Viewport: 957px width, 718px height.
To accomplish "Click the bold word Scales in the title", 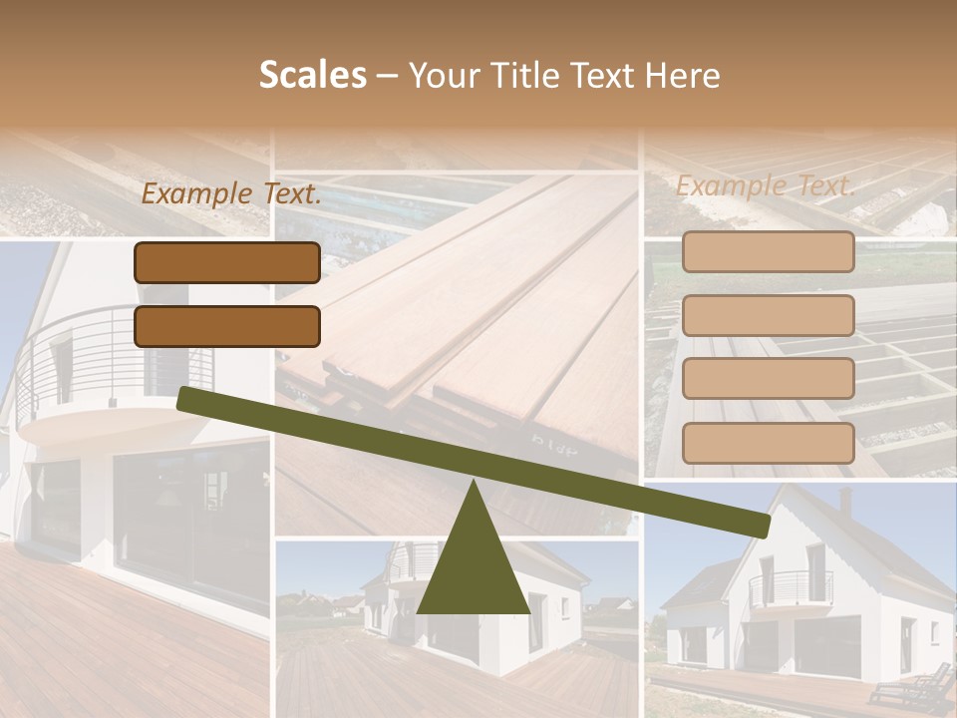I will click(x=312, y=76).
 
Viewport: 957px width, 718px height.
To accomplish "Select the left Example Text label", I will click(x=231, y=194).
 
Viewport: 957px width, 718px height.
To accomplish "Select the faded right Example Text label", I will click(x=766, y=185).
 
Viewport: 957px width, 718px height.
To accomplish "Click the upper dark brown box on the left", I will click(x=227, y=262).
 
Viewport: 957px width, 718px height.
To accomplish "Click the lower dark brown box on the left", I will click(x=227, y=326).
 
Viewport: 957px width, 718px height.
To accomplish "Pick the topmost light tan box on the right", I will click(x=768, y=252).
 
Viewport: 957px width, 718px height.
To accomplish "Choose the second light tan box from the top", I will click(x=768, y=315).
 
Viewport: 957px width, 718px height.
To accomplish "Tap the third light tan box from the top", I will click(x=768, y=378).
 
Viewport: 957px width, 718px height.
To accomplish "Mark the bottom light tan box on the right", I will click(x=768, y=443).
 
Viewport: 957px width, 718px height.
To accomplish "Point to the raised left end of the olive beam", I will click(x=185, y=398).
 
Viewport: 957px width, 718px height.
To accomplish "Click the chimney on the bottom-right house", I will click(x=845, y=499).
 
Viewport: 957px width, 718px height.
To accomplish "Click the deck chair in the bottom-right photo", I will click(x=912, y=687).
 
